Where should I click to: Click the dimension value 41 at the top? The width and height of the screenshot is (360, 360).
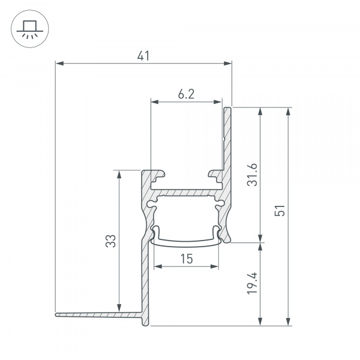click(x=143, y=56)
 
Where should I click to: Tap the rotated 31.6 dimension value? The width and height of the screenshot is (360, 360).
click(x=253, y=175)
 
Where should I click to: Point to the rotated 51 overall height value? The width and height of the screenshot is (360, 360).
click(x=279, y=211)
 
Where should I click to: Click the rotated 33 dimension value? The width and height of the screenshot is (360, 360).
click(x=110, y=241)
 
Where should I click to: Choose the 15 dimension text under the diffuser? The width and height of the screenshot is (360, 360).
click(x=185, y=259)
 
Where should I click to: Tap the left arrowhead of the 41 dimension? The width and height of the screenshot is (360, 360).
click(x=58, y=62)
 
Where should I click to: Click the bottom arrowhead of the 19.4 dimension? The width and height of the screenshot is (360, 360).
click(x=260, y=322)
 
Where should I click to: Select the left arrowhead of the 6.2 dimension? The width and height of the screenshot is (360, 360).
click(x=153, y=101)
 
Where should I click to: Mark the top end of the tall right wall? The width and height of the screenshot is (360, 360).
click(x=229, y=110)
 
